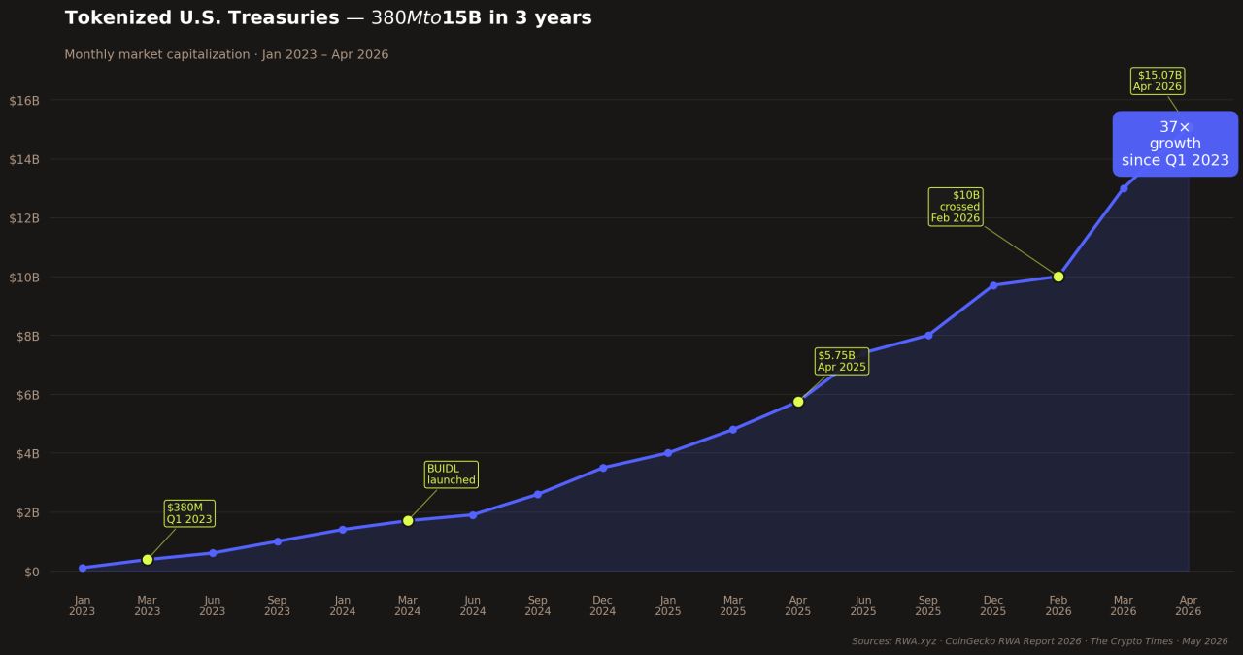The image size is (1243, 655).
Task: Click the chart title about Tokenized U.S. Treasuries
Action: click(x=328, y=17)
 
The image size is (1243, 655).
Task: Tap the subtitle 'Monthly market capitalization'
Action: click(x=157, y=54)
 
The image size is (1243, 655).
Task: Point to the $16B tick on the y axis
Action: click(x=24, y=100)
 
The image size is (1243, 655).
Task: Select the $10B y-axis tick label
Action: click(x=24, y=278)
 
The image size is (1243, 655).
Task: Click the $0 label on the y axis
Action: click(x=32, y=572)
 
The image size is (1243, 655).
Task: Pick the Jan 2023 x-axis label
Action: click(x=83, y=606)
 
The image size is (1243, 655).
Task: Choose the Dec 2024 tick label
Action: click(x=603, y=606)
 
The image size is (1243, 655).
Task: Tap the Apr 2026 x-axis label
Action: click(x=1188, y=606)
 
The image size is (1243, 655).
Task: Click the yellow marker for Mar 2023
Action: click(x=147, y=560)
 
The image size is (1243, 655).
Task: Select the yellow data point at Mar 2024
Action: click(x=408, y=520)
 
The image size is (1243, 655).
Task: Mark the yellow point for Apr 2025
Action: click(x=798, y=402)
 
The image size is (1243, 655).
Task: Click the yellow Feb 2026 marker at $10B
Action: click(x=1058, y=277)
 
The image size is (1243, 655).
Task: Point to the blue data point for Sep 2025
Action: click(x=928, y=336)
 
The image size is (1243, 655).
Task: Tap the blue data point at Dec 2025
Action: click(x=993, y=285)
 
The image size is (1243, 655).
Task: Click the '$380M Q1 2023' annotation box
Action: click(x=189, y=513)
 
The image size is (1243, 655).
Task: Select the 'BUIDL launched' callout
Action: click(x=452, y=475)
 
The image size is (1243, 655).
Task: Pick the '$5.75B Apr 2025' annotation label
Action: click(x=842, y=361)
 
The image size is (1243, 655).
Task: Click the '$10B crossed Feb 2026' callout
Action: click(x=956, y=207)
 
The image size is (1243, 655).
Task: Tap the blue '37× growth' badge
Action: click(x=1175, y=144)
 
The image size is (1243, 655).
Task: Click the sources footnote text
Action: click(x=1039, y=641)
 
